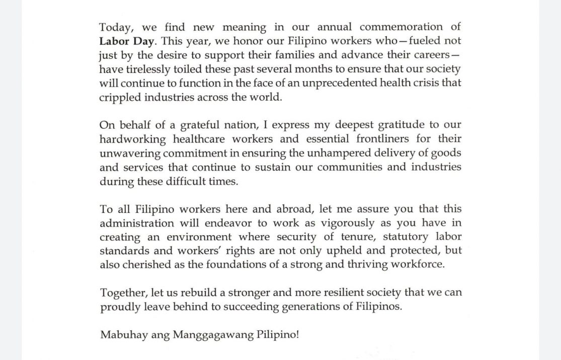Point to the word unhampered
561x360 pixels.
coord(332,153)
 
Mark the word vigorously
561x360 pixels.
coord(330,223)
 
